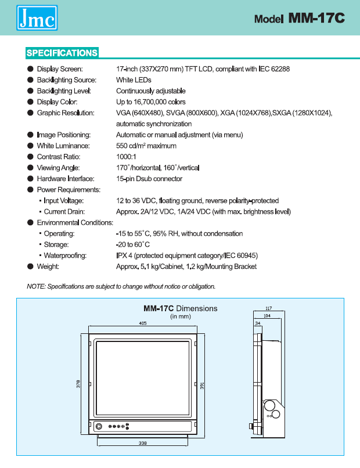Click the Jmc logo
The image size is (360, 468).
point(37,17)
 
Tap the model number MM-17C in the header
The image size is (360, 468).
point(316,18)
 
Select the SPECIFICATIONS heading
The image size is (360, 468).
point(62,53)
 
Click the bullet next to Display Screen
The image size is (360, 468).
point(30,69)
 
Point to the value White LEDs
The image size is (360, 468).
point(134,80)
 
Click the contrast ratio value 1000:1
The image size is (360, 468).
point(126,157)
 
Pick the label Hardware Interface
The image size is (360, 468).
point(66,178)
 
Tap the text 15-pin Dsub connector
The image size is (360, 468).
point(149,178)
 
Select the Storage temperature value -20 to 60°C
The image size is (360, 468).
point(133,244)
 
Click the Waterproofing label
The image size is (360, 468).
point(65,255)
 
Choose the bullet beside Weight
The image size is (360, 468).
point(30,267)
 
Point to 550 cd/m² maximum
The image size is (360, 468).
point(146,146)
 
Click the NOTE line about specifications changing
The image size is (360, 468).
point(121,286)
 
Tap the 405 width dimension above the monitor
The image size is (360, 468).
point(143,323)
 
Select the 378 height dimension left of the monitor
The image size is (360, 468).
point(78,384)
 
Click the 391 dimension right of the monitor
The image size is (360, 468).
point(202,386)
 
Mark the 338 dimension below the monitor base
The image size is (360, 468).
point(143,443)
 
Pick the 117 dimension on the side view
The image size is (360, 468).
point(269,308)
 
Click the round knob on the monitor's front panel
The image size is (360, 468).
point(99,427)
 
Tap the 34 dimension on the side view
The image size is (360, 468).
point(258,323)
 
